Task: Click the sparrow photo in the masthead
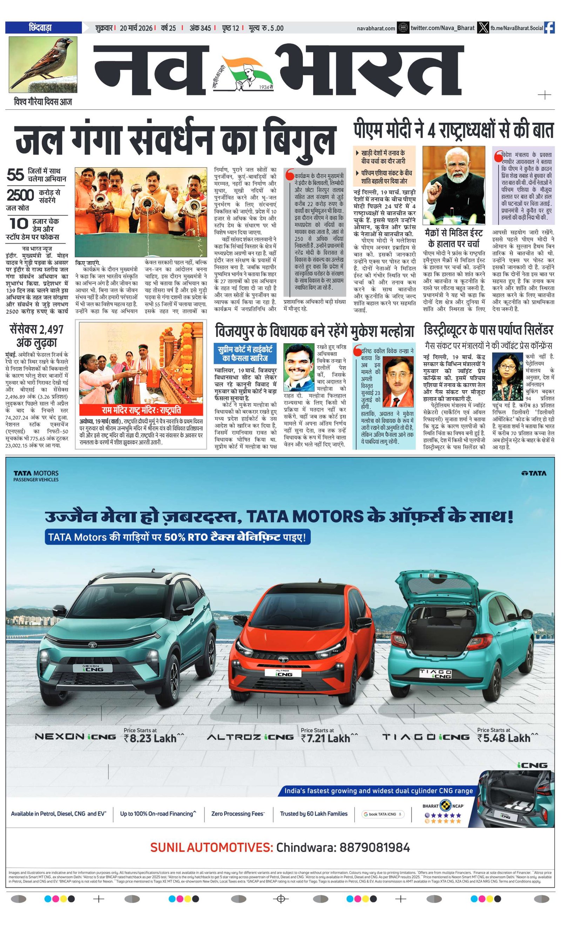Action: coord(43,64)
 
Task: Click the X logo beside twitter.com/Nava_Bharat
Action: coord(482,28)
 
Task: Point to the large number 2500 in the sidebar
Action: coord(20,195)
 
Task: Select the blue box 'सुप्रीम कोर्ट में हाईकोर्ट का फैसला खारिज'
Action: coord(245,353)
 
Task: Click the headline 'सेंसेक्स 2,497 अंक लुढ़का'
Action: coord(36,336)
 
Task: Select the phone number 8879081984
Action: coord(374,848)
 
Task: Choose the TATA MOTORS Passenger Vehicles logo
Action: coord(36,475)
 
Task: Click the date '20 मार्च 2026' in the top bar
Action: coord(136,28)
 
